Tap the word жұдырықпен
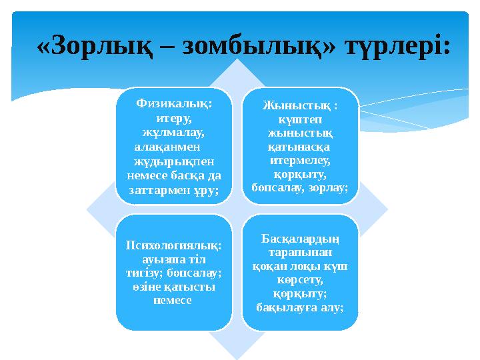174,160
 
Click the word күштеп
299,119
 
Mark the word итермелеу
299,160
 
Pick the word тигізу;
149,273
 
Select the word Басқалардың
299,237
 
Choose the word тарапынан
299,251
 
